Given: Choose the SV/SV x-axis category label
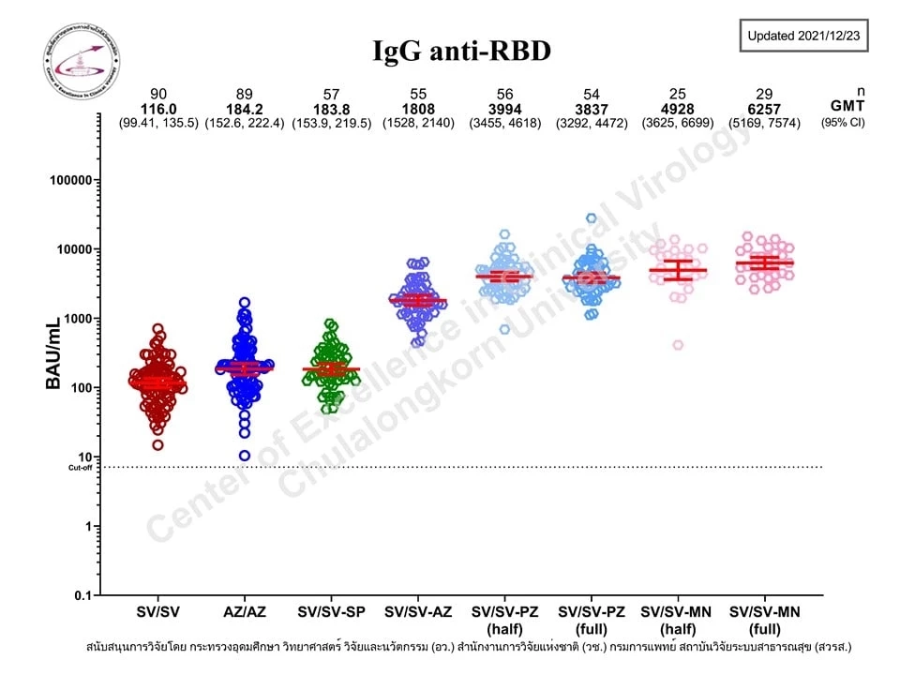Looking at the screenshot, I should (157, 612).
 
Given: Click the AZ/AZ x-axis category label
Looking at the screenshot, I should (244, 612).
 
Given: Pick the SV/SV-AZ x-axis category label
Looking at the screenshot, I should (418, 612).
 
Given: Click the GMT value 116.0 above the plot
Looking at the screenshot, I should (158, 109).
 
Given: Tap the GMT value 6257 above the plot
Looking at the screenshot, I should (765, 109).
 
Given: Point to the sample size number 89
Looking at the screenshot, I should (245, 94).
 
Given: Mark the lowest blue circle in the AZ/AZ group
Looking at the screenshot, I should (245, 456).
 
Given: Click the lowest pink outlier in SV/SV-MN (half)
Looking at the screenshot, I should (678, 345).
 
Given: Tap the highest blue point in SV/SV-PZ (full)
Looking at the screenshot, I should (592, 218).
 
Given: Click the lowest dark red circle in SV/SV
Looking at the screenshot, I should (157, 445).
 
